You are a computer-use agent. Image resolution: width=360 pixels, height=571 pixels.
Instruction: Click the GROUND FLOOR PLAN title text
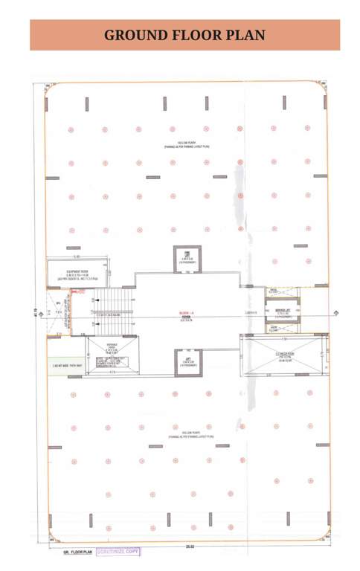pos(184,35)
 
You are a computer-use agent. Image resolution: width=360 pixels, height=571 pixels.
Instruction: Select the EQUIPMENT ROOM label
pos(77,272)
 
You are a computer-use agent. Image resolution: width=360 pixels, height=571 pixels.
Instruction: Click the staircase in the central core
pos(113,303)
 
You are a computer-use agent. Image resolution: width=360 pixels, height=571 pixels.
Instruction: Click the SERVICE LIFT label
pos(281,309)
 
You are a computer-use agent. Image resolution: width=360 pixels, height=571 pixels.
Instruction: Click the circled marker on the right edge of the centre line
pos(336,312)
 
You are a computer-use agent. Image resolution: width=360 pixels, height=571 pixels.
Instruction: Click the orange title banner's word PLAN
pos(243,35)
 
